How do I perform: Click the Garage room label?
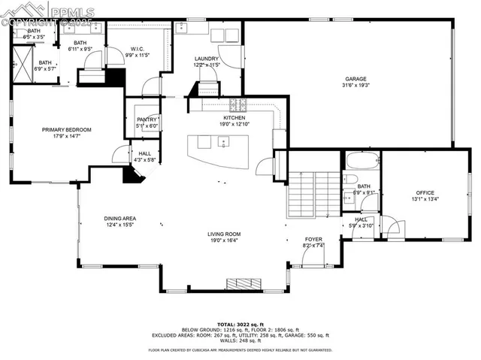pyautogui.click(x=355, y=78)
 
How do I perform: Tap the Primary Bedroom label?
pyautogui.click(x=66, y=130)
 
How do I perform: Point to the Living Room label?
pyautogui.click(x=223, y=234)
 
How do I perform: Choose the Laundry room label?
pyautogui.click(x=206, y=59)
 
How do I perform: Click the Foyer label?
pyautogui.click(x=313, y=239)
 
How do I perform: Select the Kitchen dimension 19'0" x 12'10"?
pyautogui.click(x=234, y=124)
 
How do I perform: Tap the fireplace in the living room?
pyautogui.click(x=242, y=283)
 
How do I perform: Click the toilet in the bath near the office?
pyautogui.click(x=349, y=179)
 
